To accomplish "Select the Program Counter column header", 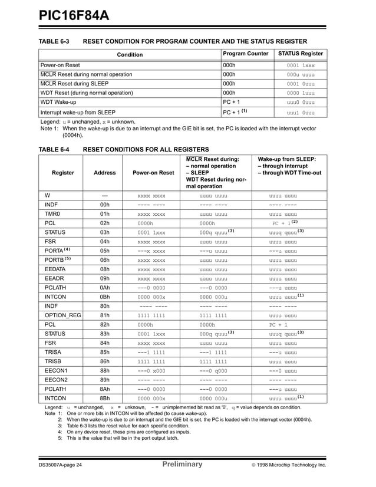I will [245, 54].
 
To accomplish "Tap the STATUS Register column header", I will [301, 54].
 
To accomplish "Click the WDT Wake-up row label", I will [58, 102].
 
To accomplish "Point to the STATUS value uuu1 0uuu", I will [301, 112].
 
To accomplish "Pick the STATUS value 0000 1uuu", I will [301, 93].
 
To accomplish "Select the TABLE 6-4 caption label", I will [54, 150].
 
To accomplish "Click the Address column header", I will [105, 173].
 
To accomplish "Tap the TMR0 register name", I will [53, 213].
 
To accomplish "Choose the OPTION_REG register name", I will [62, 315].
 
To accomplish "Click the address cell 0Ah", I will [105, 287].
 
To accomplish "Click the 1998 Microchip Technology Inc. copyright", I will [288, 465].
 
